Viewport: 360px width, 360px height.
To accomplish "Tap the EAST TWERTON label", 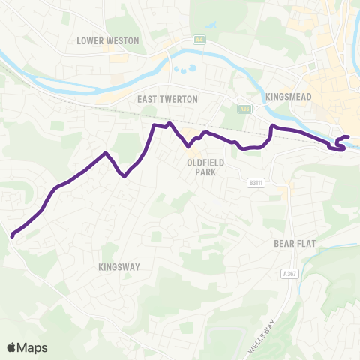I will (x=166, y=98).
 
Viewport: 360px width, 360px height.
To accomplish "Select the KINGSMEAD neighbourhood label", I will (x=289, y=97).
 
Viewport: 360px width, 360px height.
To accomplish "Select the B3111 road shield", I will (x=255, y=182).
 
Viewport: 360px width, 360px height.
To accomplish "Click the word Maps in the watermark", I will (x=34, y=347).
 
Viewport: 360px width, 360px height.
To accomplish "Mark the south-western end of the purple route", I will (x=13, y=236).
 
